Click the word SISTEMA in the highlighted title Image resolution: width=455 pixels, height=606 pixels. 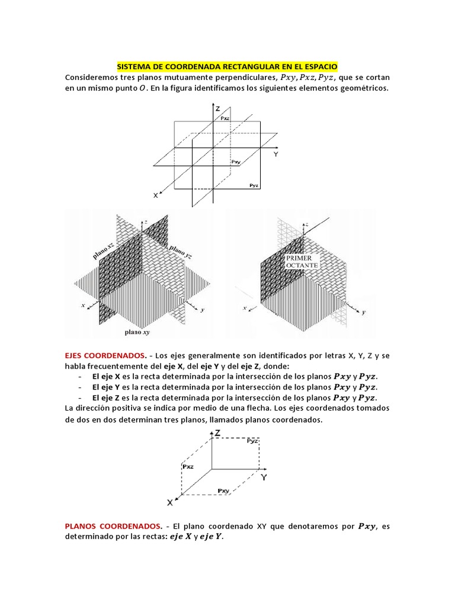tap(134, 67)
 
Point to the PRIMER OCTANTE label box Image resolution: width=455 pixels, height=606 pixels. tap(303, 262)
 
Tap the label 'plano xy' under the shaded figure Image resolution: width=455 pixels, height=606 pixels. tap(137, 333)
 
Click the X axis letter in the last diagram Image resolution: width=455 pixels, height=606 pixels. tap(169, 502)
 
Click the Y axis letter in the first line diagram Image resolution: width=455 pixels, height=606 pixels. tap(275, 153)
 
